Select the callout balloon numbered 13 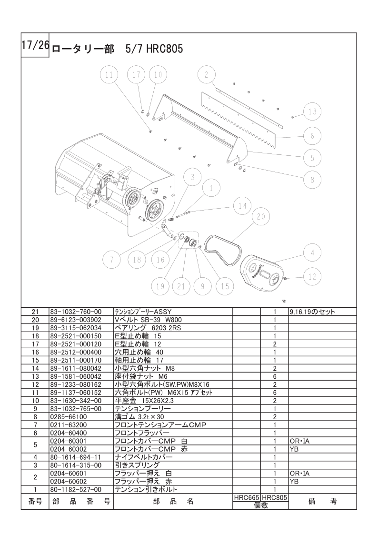click(311, 112)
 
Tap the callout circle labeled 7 click(111, 260)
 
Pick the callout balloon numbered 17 click(137, 75)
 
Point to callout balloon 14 click(242, 205)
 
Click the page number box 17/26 click(35, 46)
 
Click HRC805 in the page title click(164, 49)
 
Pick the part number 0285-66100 click(66, 416)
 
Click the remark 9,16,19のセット click(312, 312)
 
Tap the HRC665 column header click(246, 497)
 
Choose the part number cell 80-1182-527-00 click(76, 489)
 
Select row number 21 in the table click(35, 312)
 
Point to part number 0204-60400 click(66, 433)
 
